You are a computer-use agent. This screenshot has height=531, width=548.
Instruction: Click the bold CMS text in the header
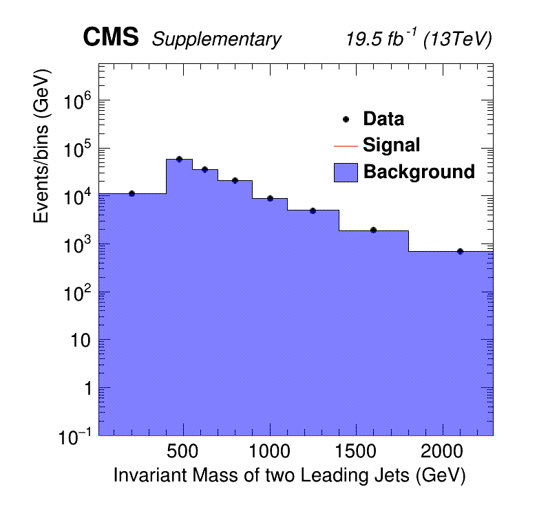111,39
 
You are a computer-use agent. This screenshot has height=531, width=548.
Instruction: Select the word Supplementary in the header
216,40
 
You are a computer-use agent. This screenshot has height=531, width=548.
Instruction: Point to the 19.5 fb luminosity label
380,39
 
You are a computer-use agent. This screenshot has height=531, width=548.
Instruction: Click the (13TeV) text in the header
457,40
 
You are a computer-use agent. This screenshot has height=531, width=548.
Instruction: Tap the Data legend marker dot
346,119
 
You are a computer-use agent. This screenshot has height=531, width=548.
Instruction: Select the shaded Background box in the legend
346,172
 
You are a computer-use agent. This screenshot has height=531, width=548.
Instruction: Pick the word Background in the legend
419,171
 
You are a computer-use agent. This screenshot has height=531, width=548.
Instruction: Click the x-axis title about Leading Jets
289,475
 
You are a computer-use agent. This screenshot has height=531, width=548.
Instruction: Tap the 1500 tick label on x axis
355,452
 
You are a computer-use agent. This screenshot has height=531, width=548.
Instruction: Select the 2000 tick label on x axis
441,452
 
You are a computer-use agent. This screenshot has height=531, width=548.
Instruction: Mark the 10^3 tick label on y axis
78,246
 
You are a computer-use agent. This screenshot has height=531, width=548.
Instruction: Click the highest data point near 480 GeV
179,159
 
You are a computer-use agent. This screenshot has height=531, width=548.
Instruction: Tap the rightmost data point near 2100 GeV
460,251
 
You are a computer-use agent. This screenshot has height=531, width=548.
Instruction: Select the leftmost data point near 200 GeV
131,193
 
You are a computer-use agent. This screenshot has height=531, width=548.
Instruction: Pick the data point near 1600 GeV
373,230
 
